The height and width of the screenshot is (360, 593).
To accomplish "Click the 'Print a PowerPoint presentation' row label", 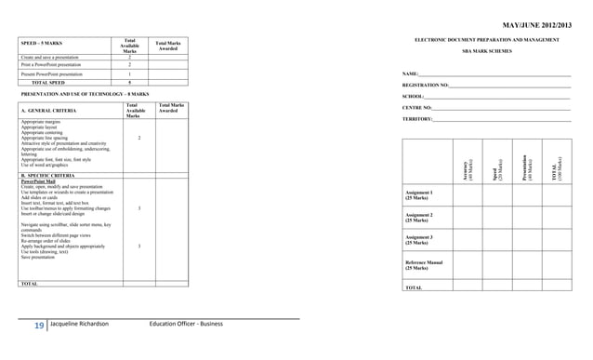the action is click(x=51, y=64).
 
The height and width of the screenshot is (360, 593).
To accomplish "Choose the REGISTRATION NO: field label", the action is click(x=426, y=85).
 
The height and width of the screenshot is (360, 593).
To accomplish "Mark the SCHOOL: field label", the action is click(x=414, y=96).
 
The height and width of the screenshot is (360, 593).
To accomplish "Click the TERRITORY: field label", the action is click(x=418, y=119).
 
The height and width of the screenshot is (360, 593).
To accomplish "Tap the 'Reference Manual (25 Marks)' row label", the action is click(x=424, y=265).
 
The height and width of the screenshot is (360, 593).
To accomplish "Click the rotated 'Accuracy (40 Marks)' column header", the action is click(x=470, y=168).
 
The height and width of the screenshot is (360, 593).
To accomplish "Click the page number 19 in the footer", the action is click(x=39, y=324).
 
